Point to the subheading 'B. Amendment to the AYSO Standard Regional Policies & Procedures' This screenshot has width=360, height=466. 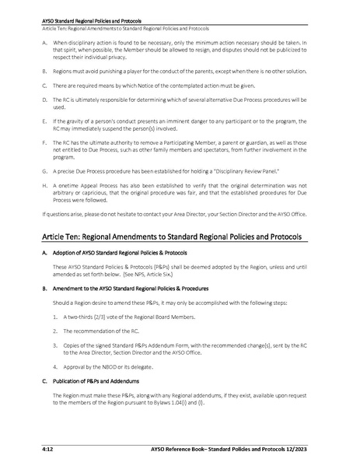124,289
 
